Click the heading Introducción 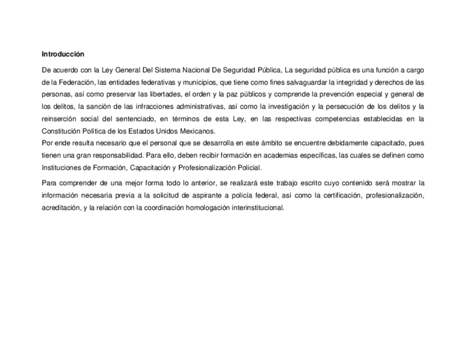click(63, 54)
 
